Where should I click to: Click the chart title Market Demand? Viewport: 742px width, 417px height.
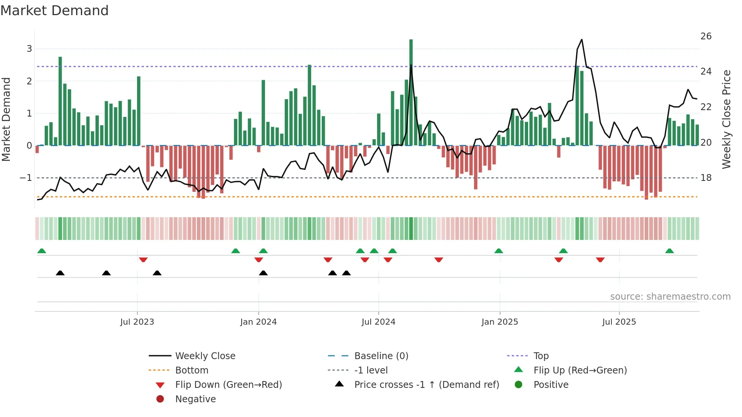(x=55, y=11)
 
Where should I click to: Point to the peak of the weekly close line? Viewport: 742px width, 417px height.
(x=581, y=40)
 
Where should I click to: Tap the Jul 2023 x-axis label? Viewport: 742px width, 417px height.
(x=137, y=322)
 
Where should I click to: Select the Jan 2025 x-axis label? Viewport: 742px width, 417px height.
(x=500, y=322)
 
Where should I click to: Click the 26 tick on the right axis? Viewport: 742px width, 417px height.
(x=706, y=36)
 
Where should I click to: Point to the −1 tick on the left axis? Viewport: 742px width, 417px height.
(x=26, y=178)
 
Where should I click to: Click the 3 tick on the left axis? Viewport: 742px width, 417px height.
(x=29, y=49)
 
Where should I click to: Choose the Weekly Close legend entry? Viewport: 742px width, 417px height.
(x=205, y=356)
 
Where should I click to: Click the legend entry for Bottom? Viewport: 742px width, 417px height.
(x=192, y=370)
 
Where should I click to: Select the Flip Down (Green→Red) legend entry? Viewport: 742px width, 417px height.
(x=228, y=385)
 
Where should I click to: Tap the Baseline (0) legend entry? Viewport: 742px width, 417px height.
(x=381, y=356)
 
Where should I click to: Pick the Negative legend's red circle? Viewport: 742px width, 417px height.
(x=160, y=399)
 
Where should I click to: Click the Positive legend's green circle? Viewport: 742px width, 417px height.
(x=519, y=385)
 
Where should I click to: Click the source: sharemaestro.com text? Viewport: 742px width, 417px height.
(x=670, y=297)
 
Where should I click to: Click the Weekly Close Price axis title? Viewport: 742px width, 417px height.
(x=726, y=119)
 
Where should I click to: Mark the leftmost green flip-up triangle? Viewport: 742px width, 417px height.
(x=42, y=251)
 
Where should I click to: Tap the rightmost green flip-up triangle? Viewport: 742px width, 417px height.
(x=669, y=251)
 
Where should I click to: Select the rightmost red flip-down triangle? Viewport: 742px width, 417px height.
(x=600, y=260)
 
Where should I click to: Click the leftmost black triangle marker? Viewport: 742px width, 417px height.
(x=60, y=273)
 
